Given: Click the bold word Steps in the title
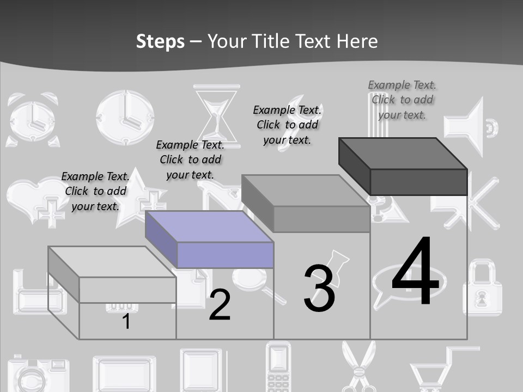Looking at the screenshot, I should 160,41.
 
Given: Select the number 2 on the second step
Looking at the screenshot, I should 220,305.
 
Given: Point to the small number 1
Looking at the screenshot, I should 126,321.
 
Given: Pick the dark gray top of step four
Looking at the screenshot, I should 403,154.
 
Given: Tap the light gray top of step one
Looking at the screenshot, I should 112,262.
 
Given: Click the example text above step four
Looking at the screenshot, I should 402,100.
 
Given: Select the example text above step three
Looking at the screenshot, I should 287,125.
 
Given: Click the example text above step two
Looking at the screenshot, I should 190,160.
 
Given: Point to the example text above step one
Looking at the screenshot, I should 95,191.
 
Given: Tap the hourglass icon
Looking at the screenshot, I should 217,112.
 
